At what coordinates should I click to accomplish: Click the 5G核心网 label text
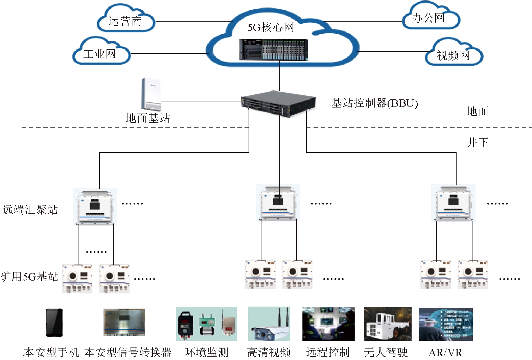coord(271,27)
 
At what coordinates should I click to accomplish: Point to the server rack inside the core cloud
coord(274,50)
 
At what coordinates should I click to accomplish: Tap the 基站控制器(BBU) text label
coord(374,103)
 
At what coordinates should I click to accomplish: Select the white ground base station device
coord(151,94)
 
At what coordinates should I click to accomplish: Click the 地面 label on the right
coord(477,111)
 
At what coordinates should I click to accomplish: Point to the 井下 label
coord(477,142)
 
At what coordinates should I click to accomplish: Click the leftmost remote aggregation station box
coord(95,206)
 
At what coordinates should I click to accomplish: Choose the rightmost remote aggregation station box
coord(453,203)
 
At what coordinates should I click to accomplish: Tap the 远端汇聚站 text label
coord(30,210)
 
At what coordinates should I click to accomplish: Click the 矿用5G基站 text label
coord(30,277)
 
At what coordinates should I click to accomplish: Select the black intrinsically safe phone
coord(54,322)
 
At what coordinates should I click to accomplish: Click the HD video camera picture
coord(269,324)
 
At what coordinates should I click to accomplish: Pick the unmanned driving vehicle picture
coord(388,324)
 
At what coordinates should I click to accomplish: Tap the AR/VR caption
coord(445,353)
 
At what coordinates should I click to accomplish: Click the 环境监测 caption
coord(207,352)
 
